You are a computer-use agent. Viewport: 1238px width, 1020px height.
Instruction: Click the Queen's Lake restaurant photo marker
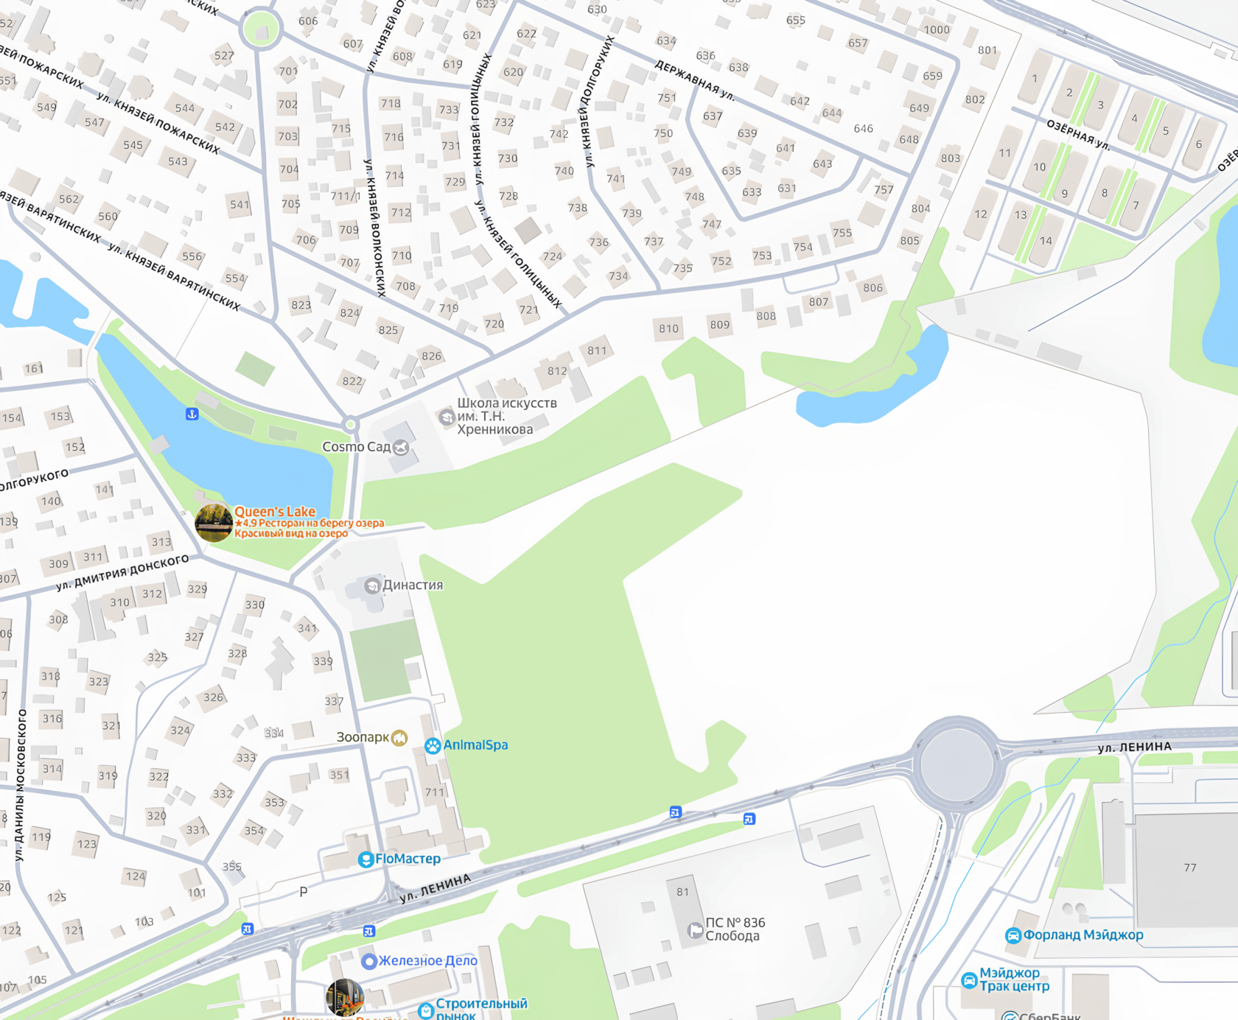[x=214, y=523]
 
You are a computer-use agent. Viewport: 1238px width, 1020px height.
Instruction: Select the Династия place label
[x=413, y=585]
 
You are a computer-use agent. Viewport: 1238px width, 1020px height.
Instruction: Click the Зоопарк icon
[x=399, y=738]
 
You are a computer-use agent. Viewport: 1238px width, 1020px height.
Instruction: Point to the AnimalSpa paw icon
[x=433, y=745]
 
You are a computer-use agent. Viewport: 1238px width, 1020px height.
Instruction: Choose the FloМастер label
[x=408, y=859]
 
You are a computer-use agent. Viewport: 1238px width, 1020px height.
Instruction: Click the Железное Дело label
[x=427, y=960]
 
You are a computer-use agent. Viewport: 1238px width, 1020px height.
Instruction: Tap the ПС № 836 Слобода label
[x=735, y=929]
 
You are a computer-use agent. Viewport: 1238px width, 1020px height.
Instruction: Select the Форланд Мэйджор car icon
[x=1013, y=935]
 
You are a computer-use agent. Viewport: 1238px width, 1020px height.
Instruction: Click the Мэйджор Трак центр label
[x=1014, y=979]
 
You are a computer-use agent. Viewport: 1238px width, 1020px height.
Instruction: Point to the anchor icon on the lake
[x=192, y=414]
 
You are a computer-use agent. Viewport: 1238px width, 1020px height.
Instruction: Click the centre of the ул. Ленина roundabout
[x=956, y=764]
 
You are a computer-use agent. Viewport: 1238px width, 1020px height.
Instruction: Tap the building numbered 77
[x=1190, y=868]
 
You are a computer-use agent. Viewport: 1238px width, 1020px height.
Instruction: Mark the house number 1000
[x=937, y=30]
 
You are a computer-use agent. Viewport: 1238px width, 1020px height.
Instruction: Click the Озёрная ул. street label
[x=1078, y=135]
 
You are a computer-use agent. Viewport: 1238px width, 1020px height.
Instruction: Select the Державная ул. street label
[x=695, y=80]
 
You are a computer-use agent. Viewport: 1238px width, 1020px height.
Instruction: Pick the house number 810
[x=669, y=328]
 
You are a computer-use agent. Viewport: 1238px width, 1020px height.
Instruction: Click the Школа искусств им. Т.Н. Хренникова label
[x=506, y=416]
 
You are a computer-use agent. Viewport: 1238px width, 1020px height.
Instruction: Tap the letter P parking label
[x=304, y=892]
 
